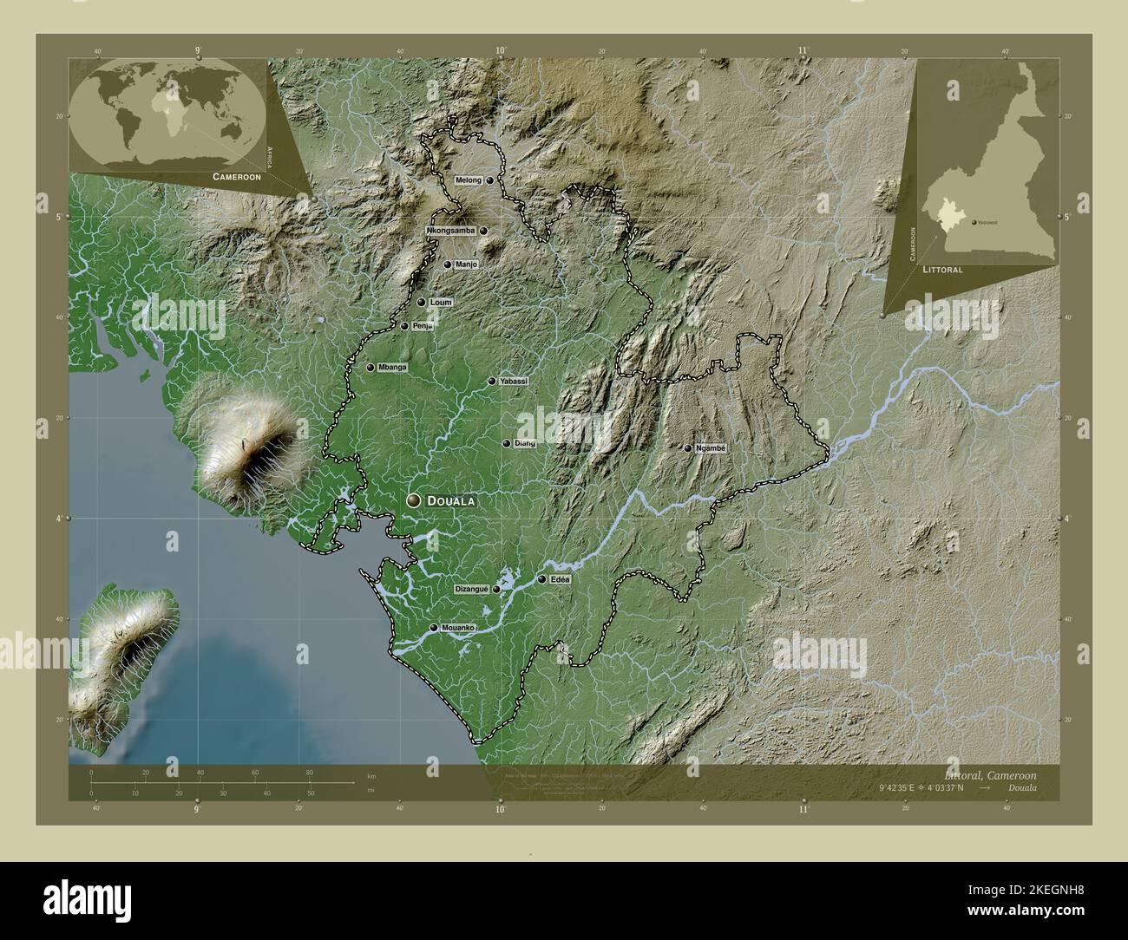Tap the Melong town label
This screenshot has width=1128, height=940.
[x=468, y=180]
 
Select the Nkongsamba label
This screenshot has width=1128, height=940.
[x=450, y=232]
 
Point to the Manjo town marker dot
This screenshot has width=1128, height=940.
[x=448, y=264]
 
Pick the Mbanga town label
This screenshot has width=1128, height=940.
[x=392, y=368]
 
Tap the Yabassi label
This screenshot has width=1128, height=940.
[x=514, y=381]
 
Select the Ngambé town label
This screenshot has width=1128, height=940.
[x=710, y=448]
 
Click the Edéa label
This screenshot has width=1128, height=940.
[x=560, y=579]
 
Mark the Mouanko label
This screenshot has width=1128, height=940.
[x=457, y=627]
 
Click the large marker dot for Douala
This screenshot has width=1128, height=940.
[x=415, y=500]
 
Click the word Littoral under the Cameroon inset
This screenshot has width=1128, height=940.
[x=942, y=270]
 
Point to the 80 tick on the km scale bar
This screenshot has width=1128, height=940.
[x=309, y=773]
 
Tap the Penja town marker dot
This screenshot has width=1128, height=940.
[x=404, y=326]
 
